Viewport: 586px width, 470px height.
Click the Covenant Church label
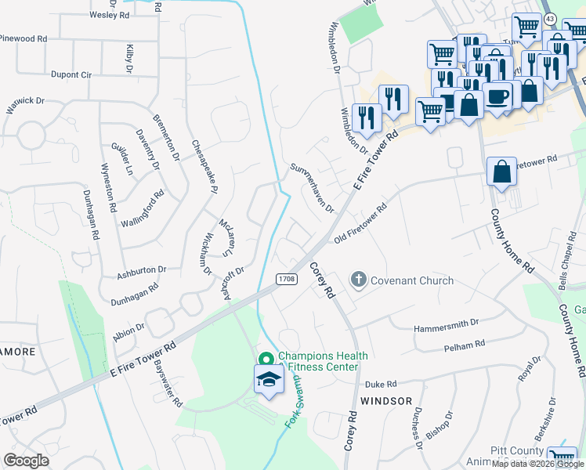[x=411, y=280]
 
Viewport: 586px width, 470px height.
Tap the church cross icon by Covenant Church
[x=359, y=280]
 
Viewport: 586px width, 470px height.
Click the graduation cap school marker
[x=268, y=380]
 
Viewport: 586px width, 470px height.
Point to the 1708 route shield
[x=286, y=279]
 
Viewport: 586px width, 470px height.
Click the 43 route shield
[x=550, y=18]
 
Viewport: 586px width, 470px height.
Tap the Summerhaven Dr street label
[x=313, y=188]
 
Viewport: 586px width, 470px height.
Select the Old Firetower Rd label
[x=361, y=223]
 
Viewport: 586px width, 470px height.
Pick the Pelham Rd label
[x=465, y=344]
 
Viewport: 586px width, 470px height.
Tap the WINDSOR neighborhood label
[x=385, y=400]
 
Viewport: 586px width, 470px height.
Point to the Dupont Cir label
[x=71, y=75]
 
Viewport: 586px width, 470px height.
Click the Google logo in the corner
[x=26, y=461]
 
